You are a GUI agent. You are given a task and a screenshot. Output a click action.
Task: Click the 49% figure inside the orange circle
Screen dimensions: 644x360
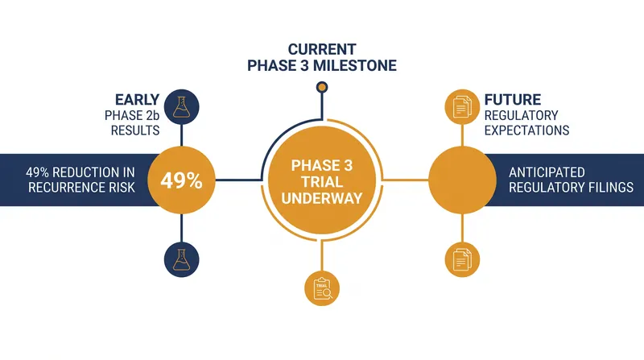tap(181, 180)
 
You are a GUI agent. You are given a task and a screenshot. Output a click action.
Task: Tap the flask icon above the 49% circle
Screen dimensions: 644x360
tap(182, 107)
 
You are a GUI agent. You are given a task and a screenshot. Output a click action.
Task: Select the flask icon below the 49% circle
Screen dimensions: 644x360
tap(182, 259)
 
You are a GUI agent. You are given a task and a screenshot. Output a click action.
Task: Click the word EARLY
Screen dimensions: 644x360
tap(137, 100)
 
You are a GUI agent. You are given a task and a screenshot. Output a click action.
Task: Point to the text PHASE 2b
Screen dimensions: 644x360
tap(132, 115)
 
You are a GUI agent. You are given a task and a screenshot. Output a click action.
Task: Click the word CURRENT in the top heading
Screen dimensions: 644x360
tap(322, 49)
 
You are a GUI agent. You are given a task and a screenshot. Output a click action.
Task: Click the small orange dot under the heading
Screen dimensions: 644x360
tap(322, 87)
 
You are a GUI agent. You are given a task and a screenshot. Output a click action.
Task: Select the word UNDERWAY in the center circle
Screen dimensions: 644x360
tap(322, 198)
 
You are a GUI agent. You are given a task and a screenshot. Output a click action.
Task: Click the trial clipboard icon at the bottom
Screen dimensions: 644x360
tap(322, 288)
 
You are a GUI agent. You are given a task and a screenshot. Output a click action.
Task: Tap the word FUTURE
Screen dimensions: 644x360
tap(513, 100)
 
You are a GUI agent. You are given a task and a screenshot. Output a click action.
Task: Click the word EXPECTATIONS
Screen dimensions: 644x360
tap(526, 130)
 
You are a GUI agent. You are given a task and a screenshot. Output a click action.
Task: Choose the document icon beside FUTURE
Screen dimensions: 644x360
tap(462, 107)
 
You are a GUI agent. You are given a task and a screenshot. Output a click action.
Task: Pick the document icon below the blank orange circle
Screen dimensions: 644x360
tap(462, 259)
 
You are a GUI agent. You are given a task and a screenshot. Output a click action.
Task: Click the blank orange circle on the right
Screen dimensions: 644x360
tap(462, 180)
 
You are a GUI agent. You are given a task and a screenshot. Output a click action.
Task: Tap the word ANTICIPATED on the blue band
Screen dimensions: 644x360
tap(547, 172)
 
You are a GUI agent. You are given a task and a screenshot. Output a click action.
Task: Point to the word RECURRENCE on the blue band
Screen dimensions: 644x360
tap(60, 188)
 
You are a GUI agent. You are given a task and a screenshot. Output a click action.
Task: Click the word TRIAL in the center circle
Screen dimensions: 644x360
tap(322, 182)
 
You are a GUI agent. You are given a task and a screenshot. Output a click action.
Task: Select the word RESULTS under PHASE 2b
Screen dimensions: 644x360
tap(135, 130)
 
